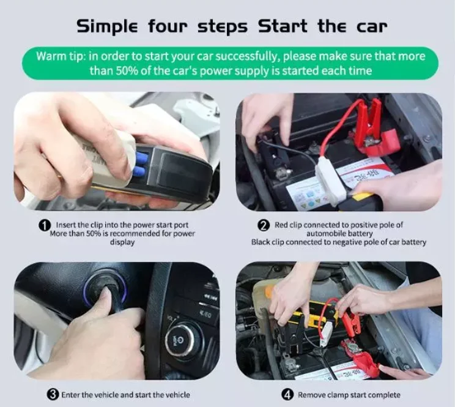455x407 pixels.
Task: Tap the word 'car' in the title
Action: pos(372,26)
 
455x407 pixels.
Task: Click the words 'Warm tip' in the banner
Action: pos(60,56)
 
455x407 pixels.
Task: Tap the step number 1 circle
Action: pos(45,225)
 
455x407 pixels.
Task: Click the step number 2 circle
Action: pos(263,225)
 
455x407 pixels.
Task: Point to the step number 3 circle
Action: pos(53,395)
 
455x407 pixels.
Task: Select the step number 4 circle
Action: pos(287,395)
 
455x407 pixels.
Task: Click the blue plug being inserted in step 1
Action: pos(141,165)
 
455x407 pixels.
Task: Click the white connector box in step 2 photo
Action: pos(331,177)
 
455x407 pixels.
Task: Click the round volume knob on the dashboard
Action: pos(180,339)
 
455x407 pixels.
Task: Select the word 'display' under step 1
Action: pos(122,242)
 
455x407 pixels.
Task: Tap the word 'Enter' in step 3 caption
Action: pos(70,395)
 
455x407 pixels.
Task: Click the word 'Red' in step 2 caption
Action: pos(281,225)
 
